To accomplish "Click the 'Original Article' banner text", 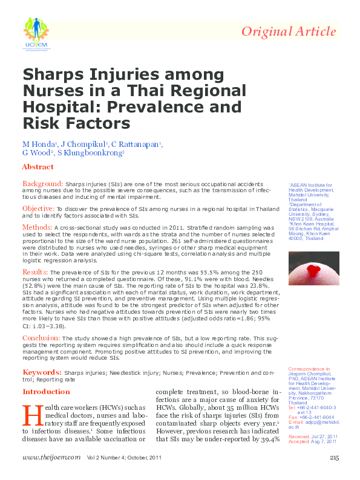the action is [289, 32].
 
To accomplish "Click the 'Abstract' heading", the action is [38, 166].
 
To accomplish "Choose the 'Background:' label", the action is [42, 183].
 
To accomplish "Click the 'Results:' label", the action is [37, 273].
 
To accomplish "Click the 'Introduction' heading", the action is [46, 392].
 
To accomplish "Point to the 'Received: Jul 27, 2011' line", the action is [313, 436].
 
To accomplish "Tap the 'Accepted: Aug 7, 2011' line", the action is [312, 441].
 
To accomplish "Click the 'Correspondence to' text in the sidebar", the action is [309, 369].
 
